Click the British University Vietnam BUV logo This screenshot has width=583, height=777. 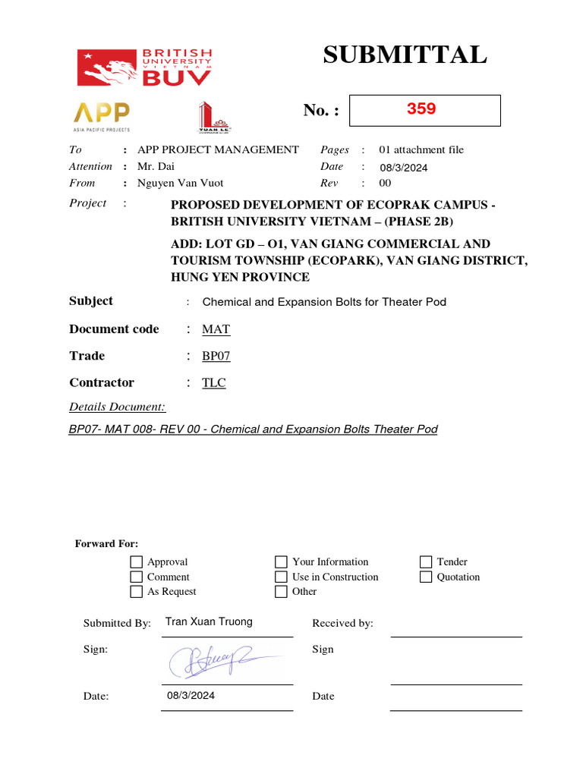click(x=145, y=67)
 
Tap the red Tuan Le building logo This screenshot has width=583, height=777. click(x=213, y=117)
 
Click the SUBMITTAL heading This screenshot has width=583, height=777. click(x=405, y=55)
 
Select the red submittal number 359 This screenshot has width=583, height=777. click(x=421, y=109)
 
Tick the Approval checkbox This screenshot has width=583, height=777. click(x=137, y=562)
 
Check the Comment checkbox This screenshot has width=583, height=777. click(x=137, y=577)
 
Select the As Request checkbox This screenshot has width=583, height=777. click(x=137, y=592)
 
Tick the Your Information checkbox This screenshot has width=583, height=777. click(x=281, y=562)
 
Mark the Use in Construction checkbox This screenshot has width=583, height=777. click(x=281, y=577)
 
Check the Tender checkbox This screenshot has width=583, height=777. click(x=426, y=562)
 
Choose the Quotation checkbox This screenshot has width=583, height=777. click(x=426, y=577)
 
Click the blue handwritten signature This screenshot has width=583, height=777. click(x=213, y=660)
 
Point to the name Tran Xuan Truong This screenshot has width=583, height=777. click(x=209, y=621)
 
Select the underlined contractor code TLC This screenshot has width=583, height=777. click(x=214, y=382)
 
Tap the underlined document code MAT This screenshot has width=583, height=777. click(x=216, y=329)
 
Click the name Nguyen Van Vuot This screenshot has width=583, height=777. click(x=181, y=183)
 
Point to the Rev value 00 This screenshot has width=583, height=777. click(x=385, y=183)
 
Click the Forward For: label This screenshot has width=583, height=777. click(x=106, y=543)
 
